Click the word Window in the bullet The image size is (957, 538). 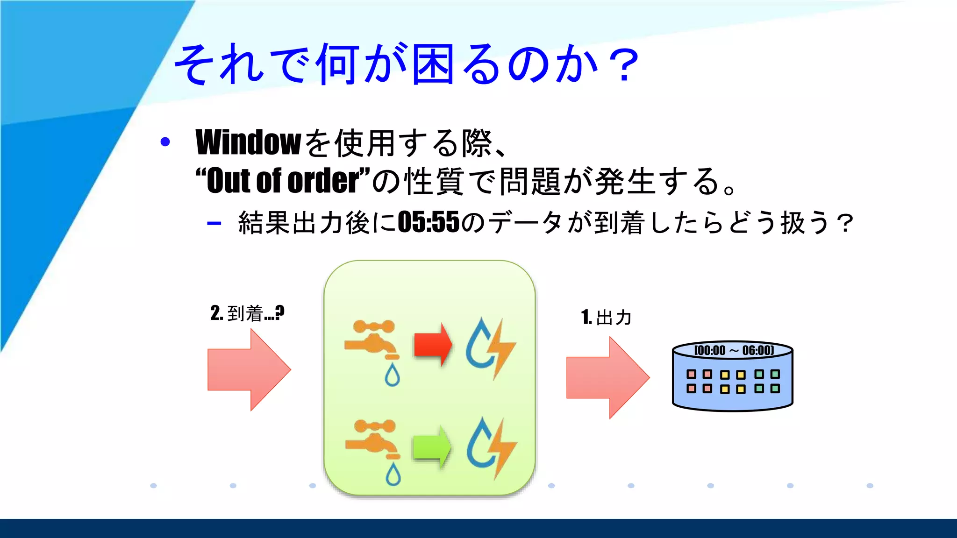[248, 142]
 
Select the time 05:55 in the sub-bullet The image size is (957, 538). [429, 222]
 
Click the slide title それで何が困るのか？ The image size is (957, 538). [407, 64]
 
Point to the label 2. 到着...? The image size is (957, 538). [247, 313]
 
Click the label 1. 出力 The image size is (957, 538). [606, 318]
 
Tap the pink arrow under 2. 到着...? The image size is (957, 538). [249, 369]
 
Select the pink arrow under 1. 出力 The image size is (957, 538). [607, 377]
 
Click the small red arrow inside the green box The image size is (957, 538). [433, 345]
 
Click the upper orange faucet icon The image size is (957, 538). [372, 340]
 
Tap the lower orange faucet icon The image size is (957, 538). [372, 439]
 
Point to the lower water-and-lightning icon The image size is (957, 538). [491, 447]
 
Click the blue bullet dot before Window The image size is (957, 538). [165, 142]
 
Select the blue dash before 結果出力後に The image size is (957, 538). [214, 223]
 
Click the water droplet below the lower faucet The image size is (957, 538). [393, 474]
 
